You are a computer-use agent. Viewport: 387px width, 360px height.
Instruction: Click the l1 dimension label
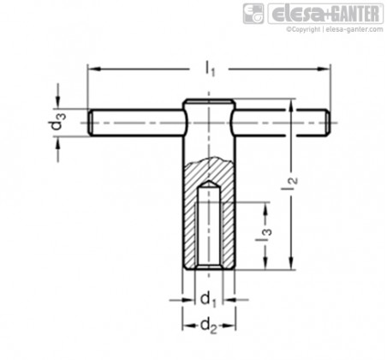210,69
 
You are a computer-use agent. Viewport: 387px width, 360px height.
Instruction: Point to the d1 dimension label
208,300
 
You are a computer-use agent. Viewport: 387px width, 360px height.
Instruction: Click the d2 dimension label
209,326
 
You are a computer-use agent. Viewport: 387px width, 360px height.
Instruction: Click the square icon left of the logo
253,14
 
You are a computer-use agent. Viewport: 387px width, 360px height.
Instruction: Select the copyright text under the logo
335,29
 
